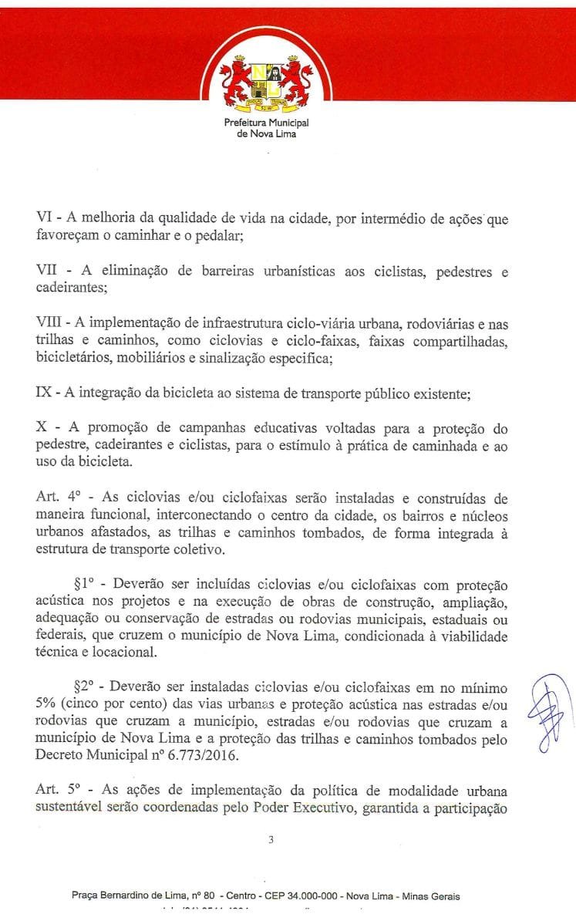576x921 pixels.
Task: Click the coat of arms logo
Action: pos(265,80)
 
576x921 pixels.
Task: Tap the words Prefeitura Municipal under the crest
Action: pos(265,123)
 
